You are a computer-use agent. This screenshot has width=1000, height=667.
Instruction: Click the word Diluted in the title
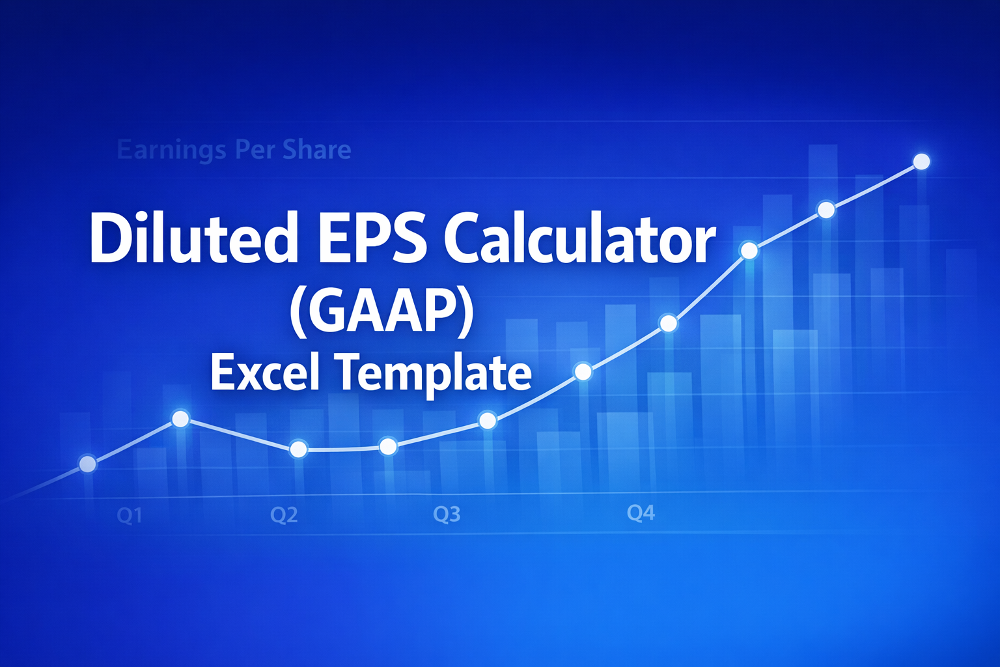tap(193, 238)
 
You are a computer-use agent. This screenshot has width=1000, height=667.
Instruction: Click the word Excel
tap(265, 373)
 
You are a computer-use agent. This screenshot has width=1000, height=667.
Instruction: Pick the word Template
tap(433, 373)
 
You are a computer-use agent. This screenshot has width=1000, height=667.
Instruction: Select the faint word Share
tap(316, 150)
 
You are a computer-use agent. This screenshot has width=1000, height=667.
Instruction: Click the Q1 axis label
tap(129, 516)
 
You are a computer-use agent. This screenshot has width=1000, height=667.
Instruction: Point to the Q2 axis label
tap(284, 515)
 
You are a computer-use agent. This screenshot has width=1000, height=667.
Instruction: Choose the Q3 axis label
tap(447, 515)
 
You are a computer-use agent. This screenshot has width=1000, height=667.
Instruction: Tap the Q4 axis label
tap(641, 513)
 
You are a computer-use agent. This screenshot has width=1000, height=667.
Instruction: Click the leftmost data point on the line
tap(87, 464)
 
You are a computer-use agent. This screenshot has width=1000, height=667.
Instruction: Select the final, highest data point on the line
tap(921, 161)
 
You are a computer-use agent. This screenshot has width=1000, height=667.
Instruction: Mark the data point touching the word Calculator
tap(749, 250)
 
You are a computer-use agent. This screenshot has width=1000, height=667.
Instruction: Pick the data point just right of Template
tap(583, 372)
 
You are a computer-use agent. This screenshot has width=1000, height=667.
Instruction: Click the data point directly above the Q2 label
tap(298, 449)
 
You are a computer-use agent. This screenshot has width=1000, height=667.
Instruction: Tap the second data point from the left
tap(180, 418)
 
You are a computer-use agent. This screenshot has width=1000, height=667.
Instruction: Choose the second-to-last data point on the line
tap(826, 210)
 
